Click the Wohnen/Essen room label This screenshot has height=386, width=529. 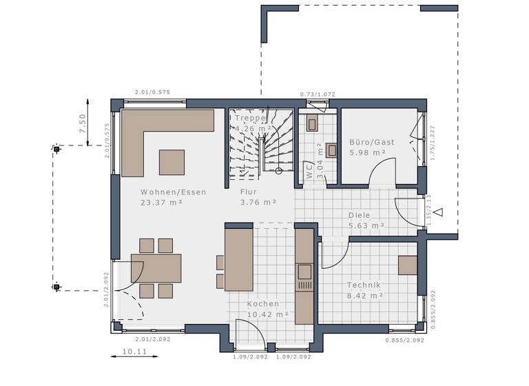173,192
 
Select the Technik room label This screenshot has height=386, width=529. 364,285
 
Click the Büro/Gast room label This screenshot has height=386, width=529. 372,142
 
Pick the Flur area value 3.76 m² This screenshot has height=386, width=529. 258,203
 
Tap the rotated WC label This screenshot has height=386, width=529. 309,171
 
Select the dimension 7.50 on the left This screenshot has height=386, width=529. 83,123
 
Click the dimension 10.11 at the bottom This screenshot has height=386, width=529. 134,352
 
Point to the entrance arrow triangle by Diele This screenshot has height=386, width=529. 437,212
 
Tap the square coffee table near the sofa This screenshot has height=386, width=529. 172,162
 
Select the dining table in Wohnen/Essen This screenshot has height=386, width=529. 156,268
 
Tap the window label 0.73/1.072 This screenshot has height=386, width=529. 318,94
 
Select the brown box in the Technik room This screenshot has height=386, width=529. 407,265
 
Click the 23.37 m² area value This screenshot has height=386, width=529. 162,203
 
